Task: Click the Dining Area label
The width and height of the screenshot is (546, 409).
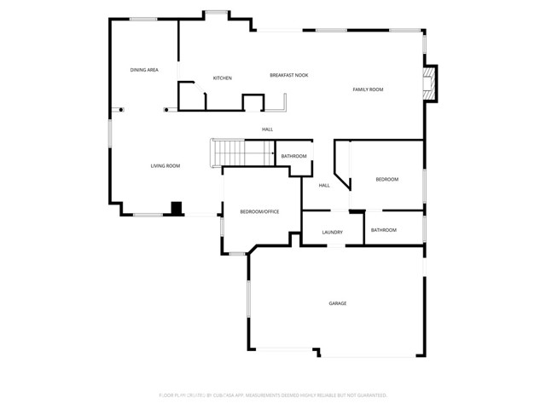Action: pyautogui.click(x=144, y=70)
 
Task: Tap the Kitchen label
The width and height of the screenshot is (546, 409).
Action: pyautogui.click(x=223, y=78)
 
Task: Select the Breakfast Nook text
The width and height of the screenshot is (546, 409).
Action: pyautogui.click(x=289, y=75)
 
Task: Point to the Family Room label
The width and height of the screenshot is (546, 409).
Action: pyautogui.click(x=369, y=89)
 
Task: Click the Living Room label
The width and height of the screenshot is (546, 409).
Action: pyautogui.click(x=166, y=165)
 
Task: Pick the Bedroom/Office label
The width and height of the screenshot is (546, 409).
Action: pyautogui.click(x=259, y=211)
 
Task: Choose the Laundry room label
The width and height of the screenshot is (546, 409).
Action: pyautogui.click(x=333, y=232)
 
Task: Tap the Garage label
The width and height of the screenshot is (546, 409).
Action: pyautogui.click(x=338, y=303)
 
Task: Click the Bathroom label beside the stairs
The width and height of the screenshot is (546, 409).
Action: pyautogui.click(x=293, y=156)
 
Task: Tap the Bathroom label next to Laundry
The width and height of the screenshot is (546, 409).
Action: pyautogui.click(x=384, y=230)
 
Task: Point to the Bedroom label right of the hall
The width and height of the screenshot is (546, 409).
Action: pyautogui.click(x=387, y=179)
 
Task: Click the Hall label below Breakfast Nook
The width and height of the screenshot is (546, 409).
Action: pyautogui.click(x=268, y=130)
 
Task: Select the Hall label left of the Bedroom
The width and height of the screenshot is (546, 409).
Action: pyautogui.click(x=325, y=185)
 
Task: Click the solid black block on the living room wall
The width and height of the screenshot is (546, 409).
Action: pyautogui.click(x=177, y=207)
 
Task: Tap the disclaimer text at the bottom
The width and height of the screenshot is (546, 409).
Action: pyautogui.click(x=273, y=395)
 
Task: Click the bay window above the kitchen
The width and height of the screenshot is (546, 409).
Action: pyautogui.click(x=215, y=13)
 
